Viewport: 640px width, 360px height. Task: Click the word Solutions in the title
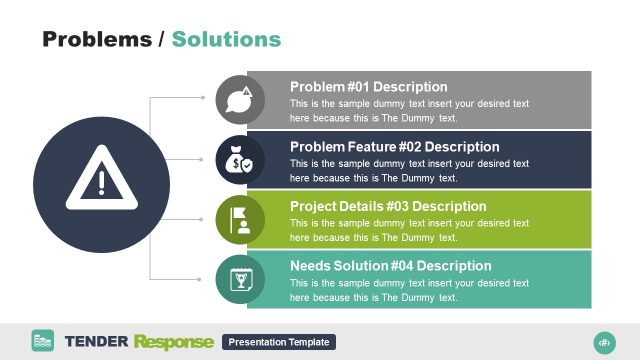tap(226, 39)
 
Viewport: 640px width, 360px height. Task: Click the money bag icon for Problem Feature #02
tap(240, 159)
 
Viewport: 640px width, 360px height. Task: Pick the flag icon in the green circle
tap(240, 219)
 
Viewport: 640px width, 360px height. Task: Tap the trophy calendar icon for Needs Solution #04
tap(240, 279)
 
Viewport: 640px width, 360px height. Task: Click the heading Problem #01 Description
tap(368, 87)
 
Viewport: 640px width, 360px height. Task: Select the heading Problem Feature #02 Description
tap(394, 147)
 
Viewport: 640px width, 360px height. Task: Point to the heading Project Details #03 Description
tap(388, 207)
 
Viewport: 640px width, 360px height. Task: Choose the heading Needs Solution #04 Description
tap(390, 266)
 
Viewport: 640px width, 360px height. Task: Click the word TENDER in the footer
tap(96, 342)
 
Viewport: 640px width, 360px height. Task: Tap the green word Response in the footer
tap(173, 342)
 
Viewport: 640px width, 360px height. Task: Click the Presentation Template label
tap(279, 342)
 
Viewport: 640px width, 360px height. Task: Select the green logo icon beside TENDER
tap(43, 341)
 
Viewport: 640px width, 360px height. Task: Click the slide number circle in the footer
tap(603, 341)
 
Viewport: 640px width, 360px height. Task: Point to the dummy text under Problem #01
tap(408, 111)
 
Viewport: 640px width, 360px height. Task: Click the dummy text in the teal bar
tap(408, 290)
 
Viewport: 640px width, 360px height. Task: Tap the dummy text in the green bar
tap(408, 230)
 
